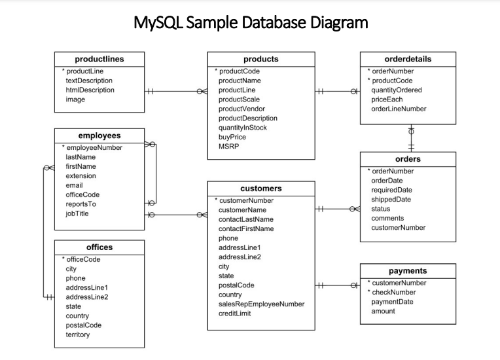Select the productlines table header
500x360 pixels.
pos(99,59)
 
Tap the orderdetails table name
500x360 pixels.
pos(408,59)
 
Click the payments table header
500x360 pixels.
pos(407,270)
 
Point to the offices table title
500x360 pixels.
pos(99,247)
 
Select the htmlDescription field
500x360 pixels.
pos(90,90)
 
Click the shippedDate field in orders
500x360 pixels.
pos(391,200)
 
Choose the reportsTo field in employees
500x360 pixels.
pos(81,204)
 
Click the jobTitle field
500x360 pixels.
pos(77,213)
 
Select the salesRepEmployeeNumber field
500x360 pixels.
pos(261,304)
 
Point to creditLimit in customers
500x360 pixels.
pos(235,314)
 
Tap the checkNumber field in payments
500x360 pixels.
pos(394,292)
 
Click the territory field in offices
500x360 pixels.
pos(78,334)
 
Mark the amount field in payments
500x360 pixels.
pos(383,311)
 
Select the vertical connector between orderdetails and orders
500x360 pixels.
pos(411,138)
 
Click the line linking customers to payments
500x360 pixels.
pos(337,285)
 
